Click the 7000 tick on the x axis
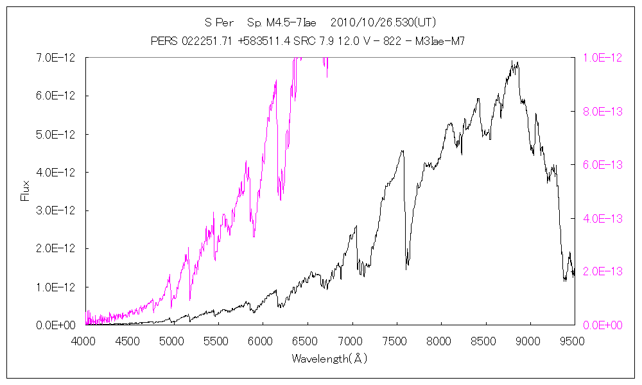point(351,341)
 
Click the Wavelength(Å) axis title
point(329,358)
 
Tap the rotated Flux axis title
point(26,191)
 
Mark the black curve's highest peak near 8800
point(512,62)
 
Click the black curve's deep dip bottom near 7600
point(406,269)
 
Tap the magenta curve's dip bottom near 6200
point(280,200)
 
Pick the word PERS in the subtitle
point(164,41)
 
